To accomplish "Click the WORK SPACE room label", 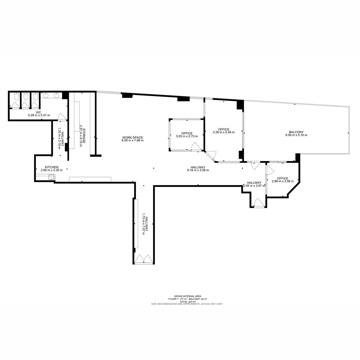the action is click(x=133, y=137).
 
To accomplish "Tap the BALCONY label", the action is click(x=296, y=132).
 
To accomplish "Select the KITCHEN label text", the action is click(x=52, y=167).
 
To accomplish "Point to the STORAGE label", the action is click(x=84, y=136).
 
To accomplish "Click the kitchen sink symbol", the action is click(x=51, y=177).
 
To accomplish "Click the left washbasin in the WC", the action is click(x=46, y=95).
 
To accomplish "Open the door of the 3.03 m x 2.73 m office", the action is click(x=196, y=147).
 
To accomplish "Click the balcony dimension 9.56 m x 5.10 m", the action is click(x=296, y=135).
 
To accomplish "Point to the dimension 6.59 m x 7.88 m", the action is click(x=133, y=140).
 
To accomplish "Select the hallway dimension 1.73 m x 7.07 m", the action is click(x=143, y=226).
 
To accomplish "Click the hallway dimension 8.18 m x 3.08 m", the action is click(x=198, y=170).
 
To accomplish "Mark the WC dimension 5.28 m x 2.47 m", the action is click(x=39, y=115).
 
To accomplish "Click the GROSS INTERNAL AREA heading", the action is click(x=187, y=296).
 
